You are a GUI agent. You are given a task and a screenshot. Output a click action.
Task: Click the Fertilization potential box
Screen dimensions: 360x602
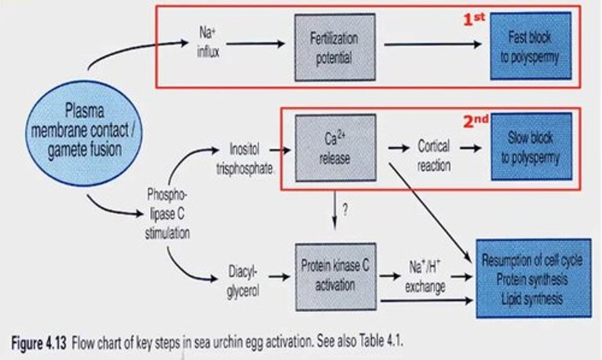coord(334,47)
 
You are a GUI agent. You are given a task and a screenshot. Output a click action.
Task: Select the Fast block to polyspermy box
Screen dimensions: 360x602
coord(530,46)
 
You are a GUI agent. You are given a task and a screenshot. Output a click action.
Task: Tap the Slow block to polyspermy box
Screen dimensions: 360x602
coord(531,147)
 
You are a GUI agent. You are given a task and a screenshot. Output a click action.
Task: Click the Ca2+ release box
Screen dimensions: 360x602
coord(335,148)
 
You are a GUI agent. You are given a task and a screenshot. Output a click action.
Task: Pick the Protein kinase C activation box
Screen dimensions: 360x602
coord(335,276)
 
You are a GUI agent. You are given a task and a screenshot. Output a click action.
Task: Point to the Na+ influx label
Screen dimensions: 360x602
coord(208,42)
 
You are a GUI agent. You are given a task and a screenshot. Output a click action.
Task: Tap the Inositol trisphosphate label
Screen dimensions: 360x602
coord(245,159)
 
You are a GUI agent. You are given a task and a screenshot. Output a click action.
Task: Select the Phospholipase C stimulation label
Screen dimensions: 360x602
coord(167,213)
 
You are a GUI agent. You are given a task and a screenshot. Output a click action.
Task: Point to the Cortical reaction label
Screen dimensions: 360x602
coord(434,156)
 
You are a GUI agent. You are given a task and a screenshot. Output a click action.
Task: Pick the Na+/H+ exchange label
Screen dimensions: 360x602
coord(425,277)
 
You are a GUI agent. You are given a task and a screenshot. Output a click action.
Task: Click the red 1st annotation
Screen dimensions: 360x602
coord(474,19)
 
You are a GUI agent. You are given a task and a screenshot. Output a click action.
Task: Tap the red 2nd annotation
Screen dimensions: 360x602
coord(476,120)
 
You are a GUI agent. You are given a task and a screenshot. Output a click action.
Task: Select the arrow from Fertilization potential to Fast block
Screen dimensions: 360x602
coord(433,44)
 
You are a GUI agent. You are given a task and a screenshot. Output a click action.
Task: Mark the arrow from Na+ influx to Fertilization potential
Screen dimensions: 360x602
coord(255,43)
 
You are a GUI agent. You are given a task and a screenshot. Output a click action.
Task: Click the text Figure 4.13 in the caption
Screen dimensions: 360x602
coord(38,344)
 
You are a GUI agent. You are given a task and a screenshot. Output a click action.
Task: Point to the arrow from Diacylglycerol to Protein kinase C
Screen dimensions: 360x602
coord(279,276)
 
